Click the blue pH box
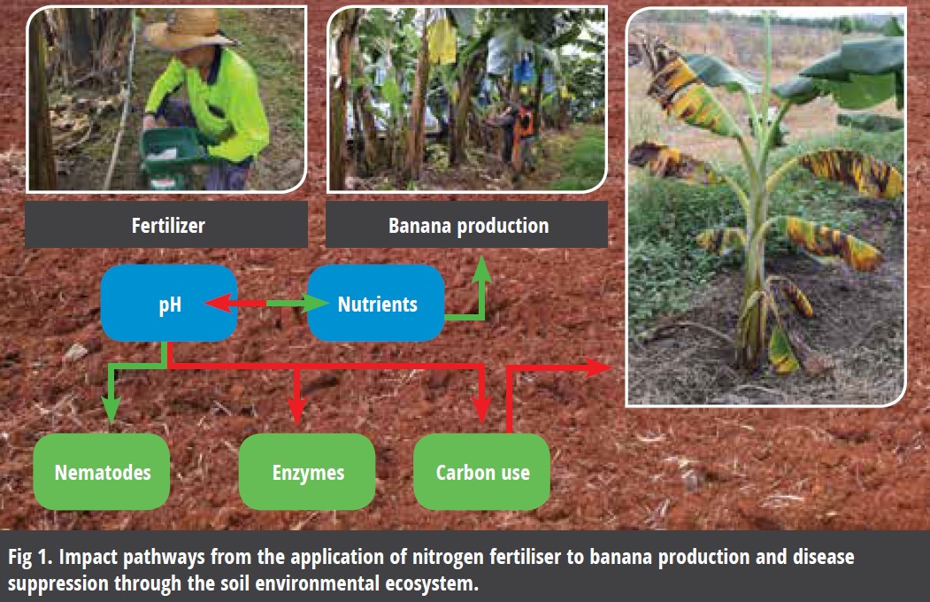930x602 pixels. click(169, 303)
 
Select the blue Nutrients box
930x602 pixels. click(376, 303)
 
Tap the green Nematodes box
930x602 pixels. click(102, 472)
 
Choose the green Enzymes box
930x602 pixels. click(307, 472)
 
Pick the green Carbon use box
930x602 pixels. click(481, 472)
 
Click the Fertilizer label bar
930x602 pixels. click(166, 224)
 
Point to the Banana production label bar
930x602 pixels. click(467, 224)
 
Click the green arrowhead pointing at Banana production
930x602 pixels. click(483, 270)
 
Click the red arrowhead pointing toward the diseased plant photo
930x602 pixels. click(598, 367)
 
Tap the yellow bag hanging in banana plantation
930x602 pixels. click(442, 40)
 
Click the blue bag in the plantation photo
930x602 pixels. click(523, 70)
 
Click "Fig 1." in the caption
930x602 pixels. click(30, 557)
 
